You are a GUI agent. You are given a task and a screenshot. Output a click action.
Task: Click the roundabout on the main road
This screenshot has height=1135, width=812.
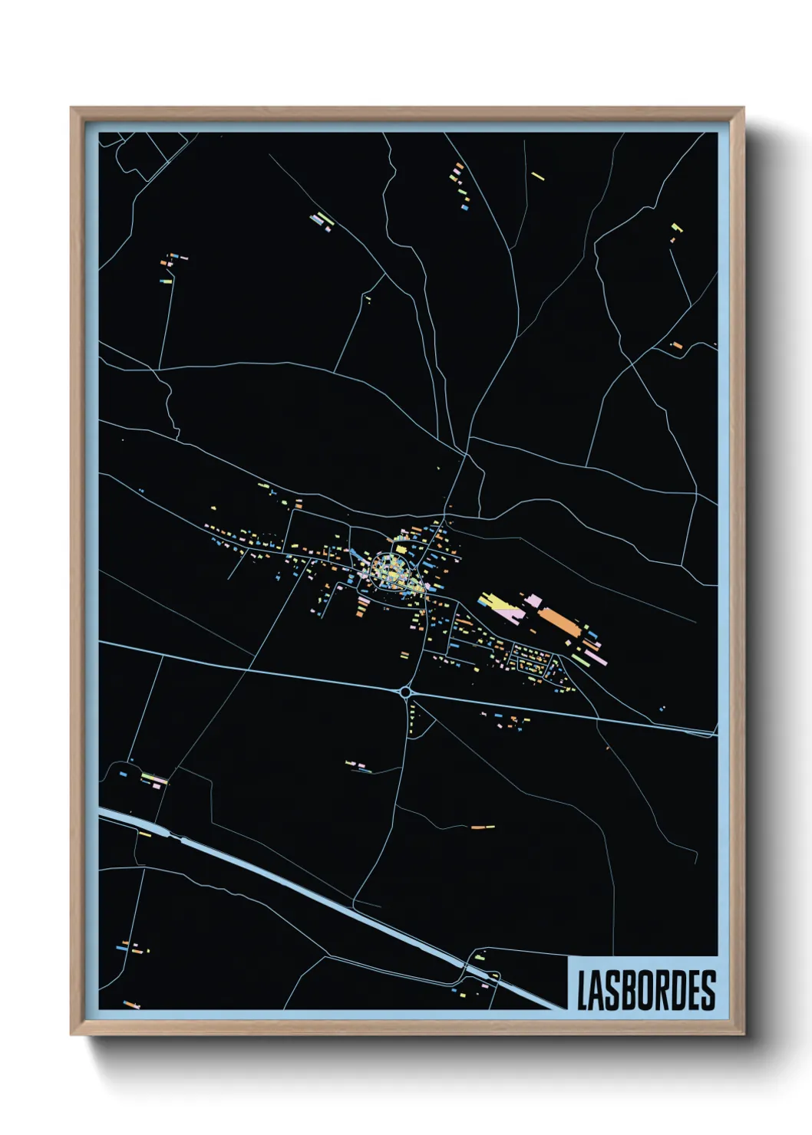click(405, 692)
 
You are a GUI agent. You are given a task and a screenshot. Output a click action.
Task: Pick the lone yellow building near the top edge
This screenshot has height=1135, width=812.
click(538, 176)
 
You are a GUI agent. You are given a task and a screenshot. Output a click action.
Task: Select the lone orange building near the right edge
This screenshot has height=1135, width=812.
click(676, 346)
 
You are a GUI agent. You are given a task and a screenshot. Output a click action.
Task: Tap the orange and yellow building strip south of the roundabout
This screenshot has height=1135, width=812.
click(483, 827)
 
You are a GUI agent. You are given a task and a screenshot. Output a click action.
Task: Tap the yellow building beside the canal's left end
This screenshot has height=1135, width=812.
click(145, 834)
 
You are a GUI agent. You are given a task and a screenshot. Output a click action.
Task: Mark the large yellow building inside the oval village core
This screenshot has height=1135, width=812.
click(400, 549)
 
